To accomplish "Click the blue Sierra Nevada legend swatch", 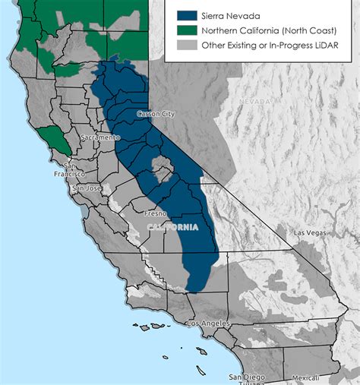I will [187, 15].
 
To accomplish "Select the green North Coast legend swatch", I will [187, 30].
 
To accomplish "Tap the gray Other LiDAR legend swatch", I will [187, 45].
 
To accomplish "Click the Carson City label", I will [156, 114].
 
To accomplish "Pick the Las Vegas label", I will [309, 232].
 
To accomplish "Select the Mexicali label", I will [306, 377].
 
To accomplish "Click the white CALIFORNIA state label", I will [172, 227].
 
